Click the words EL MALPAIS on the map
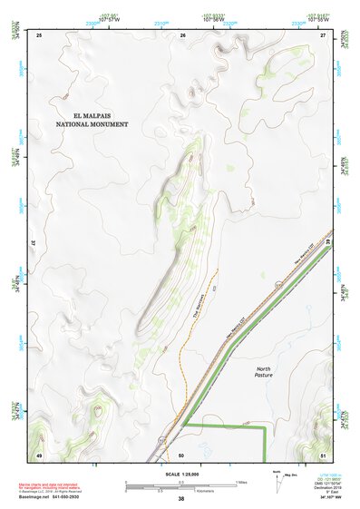(102, 116)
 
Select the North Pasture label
(263, 372)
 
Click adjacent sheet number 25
(39, 34)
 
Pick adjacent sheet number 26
(182, 34)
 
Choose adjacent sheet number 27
(323, 34)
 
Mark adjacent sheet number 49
(39, 454)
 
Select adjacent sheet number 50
(182, 454)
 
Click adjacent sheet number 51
(323, 454)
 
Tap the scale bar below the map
(180, 484)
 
